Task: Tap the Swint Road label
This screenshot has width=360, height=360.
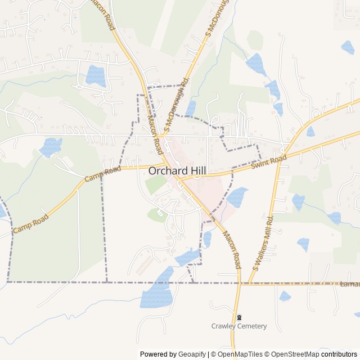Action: pyautogui.click(x=269, y=162)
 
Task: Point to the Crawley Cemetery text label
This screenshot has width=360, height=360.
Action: pyautogui.click(x=239, y=326)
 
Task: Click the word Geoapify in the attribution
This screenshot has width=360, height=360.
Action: pyautogui.click(x=192, y=354)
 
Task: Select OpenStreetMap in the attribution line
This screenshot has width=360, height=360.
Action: pyautogui.click(x=295, y=354)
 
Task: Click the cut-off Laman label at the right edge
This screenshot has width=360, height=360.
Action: pyautogui.click(x=349, y=285)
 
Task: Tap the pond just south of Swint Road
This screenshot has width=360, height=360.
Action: pyautogui.click(x=238, y=196)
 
